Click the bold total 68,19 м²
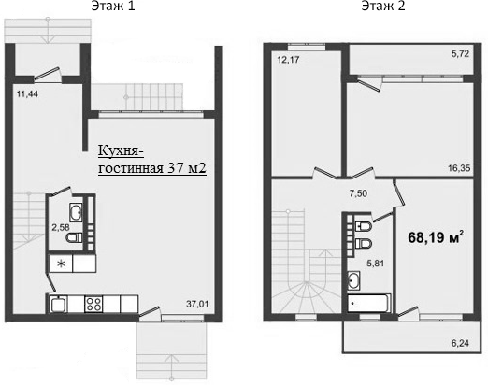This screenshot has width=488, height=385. click(435, 237)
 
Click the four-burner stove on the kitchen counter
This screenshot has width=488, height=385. click(94, 303)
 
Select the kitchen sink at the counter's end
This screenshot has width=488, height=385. click(58, 303)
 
